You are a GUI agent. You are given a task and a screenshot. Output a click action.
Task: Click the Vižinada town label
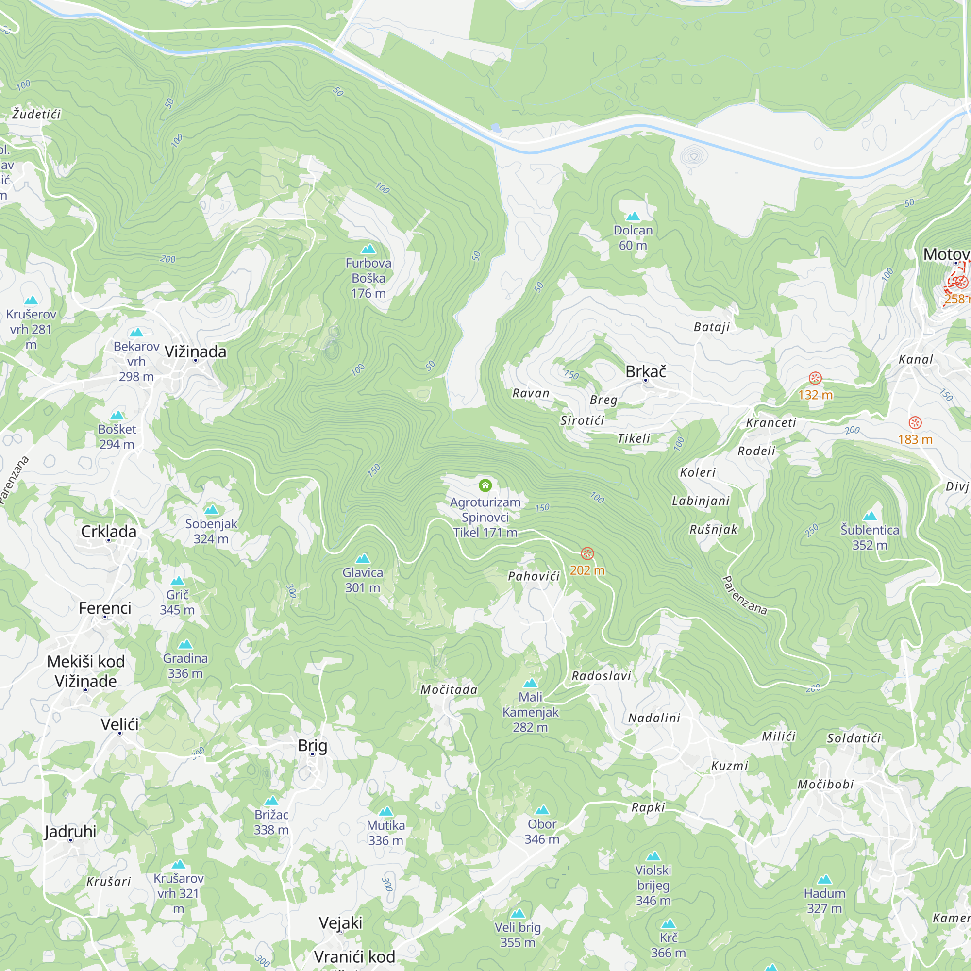click(x=196, y=352)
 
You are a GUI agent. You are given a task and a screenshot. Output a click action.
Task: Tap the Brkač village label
click(x=645, y=371)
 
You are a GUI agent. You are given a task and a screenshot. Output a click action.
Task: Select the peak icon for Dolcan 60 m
click(x=633, y=217)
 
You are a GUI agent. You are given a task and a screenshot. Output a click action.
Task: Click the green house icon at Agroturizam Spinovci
click(x=485, y=485)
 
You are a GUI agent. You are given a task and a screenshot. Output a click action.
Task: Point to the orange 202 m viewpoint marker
click(x=587, y=554)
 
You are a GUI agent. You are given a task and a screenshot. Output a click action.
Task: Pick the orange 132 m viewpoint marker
click(x=815, y=378)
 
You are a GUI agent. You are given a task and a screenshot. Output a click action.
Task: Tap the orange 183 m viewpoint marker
click(x=915, y=423)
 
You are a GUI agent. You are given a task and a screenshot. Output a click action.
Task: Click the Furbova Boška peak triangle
click(x=368, y=249)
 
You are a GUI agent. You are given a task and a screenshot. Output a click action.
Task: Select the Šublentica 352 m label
click(x=870, y=537)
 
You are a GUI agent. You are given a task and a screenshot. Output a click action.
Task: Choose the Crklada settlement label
click(x=109, y=531)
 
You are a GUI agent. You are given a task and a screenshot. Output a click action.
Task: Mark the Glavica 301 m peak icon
click(x=362, y=559)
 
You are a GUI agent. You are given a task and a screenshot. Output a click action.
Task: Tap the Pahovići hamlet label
click(x=534, y=576)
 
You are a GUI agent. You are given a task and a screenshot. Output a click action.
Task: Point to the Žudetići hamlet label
click(x=37, y=114)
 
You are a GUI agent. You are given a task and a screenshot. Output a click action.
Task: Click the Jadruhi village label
click(x=70, y=831)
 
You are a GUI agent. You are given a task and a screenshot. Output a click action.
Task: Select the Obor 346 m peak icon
click(x=542, y=810)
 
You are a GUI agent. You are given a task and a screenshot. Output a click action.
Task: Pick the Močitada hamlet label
click(x=449, y=689)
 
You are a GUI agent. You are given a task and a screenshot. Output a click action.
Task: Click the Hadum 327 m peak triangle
click(x=824, y=880)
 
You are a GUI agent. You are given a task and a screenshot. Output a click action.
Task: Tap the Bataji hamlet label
click(x=712, y=327)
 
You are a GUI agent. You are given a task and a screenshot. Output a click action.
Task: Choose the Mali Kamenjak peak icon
click(x=530, y=683)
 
